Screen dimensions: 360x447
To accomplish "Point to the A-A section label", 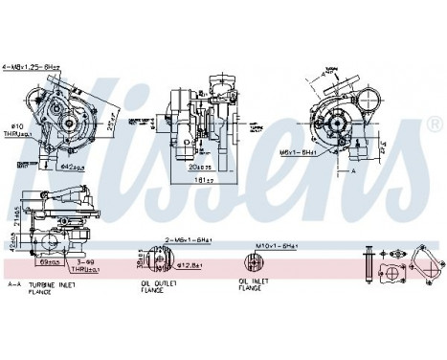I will click(x=14, y=284).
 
